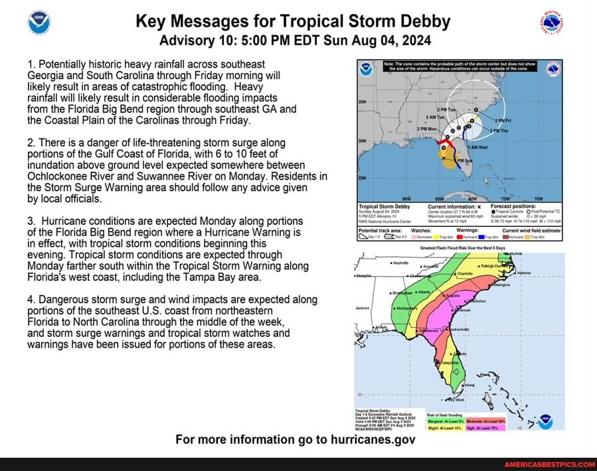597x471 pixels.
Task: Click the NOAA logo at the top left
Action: (39, 22)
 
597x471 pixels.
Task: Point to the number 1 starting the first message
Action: (31, 64)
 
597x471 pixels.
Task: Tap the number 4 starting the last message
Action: (31, 300)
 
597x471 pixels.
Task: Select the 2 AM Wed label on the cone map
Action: (477, 147)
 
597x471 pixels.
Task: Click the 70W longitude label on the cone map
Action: (539, 198)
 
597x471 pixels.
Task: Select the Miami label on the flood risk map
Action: (470, 385)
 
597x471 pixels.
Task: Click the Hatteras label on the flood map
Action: (524, 273)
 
